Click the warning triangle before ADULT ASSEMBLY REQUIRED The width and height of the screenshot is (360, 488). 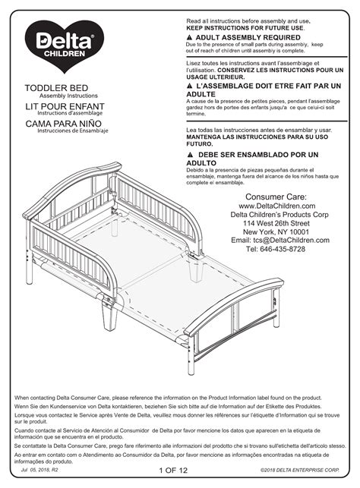tap(189, 36)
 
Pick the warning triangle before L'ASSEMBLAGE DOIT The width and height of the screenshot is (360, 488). tap(189, 87)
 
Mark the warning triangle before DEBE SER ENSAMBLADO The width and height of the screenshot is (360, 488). tap(189, 154)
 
